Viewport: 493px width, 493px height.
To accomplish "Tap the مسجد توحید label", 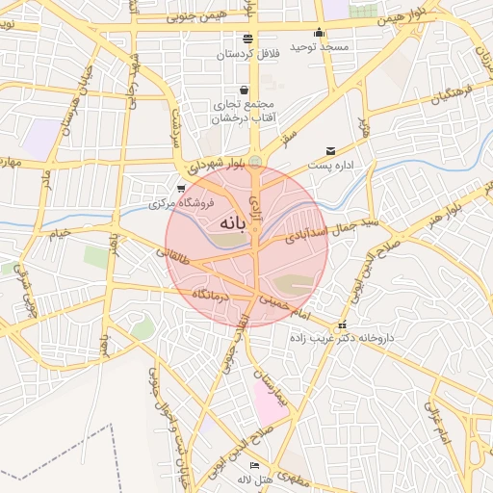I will coord(350,46).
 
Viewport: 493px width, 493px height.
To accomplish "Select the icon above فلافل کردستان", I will coord(248,39).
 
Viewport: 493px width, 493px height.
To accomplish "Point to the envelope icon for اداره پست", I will coord(331,151).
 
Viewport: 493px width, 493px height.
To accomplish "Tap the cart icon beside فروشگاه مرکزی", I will coord(181,189).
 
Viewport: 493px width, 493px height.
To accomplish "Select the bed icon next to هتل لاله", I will coord(254,466).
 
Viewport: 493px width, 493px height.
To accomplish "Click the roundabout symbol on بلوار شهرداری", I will coord(255,161).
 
